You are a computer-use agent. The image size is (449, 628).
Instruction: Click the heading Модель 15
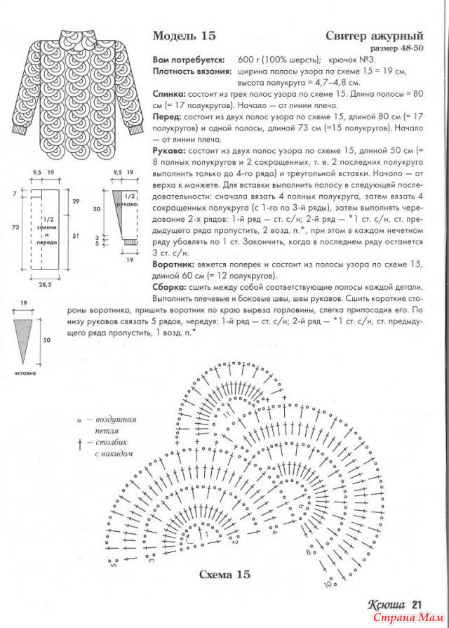pos(185,36)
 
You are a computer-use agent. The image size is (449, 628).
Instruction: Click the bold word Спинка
pos(170,93)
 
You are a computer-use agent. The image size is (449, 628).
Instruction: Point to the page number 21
pos(416,605)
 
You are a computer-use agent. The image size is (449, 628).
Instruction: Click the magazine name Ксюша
pos(386,605)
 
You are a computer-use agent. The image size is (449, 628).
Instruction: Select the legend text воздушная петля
pos(116,425)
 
